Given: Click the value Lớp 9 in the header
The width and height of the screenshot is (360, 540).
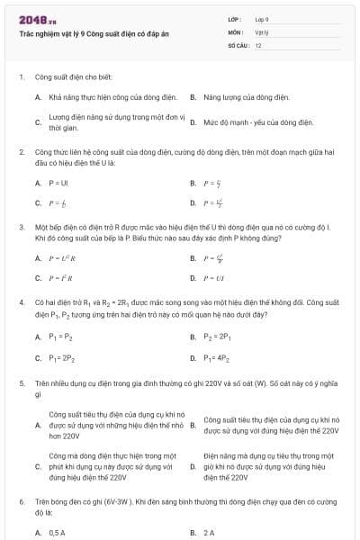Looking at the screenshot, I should [262, 18].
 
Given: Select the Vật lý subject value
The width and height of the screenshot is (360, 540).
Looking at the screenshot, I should [261, 31].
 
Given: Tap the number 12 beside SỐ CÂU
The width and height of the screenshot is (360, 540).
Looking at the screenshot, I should [258, 44].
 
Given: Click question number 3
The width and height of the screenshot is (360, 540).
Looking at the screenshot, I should [21, 228].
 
